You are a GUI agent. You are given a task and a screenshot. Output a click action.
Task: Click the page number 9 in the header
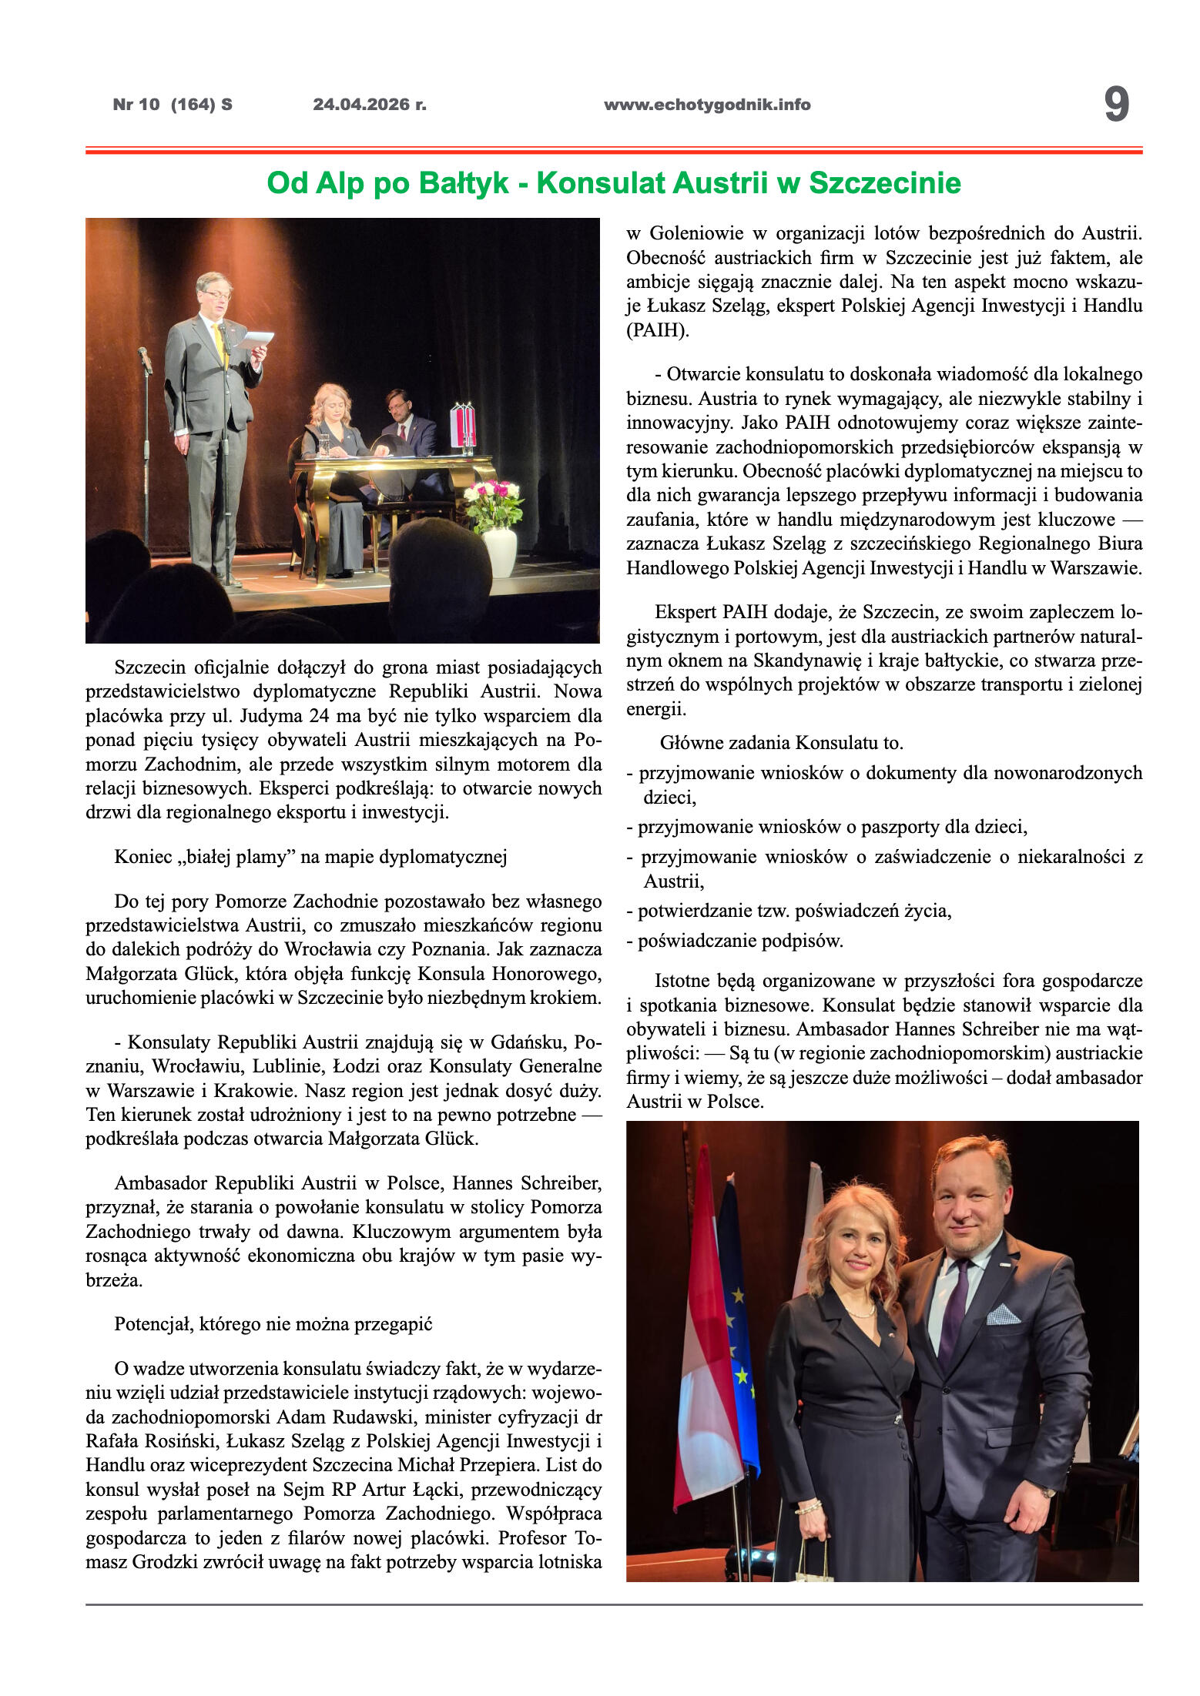(x=1116, y=105)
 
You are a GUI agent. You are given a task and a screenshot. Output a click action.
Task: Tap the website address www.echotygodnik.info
(x=707, y=105)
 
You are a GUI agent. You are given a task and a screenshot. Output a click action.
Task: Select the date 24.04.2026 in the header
(x=369, y=105)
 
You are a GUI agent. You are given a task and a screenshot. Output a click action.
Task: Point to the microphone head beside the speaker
(x=144, y=356)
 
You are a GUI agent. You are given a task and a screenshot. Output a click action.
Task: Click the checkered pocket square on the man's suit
(x=1003, y=1314)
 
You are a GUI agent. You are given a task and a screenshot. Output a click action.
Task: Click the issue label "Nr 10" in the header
(x=136, y=105)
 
